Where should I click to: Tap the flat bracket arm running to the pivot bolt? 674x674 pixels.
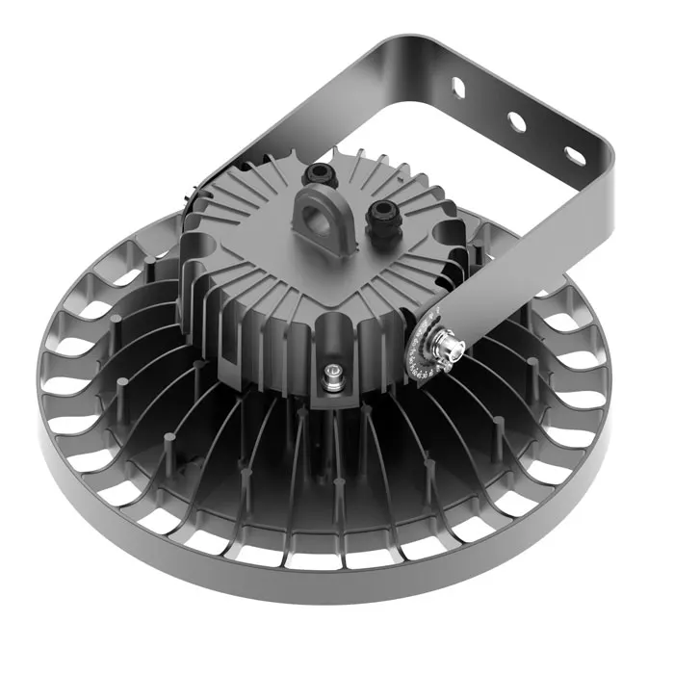520,260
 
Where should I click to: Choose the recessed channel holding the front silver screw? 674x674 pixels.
333,356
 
